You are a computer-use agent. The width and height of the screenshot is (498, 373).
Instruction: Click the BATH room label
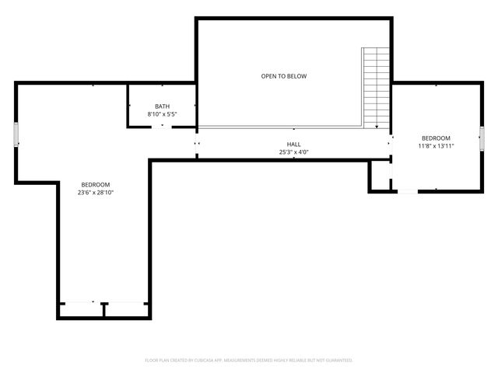(162, 106)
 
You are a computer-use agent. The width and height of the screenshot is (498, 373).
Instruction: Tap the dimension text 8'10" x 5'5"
(162, 114)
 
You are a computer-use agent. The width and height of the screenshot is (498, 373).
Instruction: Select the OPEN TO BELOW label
(284, 76)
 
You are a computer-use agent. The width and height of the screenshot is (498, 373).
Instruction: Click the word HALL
(293, 145)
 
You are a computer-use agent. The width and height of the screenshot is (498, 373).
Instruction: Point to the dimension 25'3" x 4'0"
(293, 152)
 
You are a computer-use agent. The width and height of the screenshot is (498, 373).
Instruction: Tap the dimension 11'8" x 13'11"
(436, 145)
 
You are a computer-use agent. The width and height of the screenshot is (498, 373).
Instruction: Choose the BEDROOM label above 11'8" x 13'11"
(436, 138)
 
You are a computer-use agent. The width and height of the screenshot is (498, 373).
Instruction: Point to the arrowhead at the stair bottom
(377, 127)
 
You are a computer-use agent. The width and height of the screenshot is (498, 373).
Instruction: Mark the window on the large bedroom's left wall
(16, 134)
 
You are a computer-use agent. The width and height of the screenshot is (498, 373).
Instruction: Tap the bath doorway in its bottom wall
(162, 126)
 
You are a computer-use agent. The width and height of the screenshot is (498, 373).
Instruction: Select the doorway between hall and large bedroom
(196, 144)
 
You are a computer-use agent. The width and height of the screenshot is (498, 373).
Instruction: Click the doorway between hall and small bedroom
(391, 144)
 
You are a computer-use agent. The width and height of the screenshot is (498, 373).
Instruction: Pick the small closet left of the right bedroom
(380, 176)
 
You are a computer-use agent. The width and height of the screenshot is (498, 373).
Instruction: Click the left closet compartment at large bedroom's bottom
(81, 309)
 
